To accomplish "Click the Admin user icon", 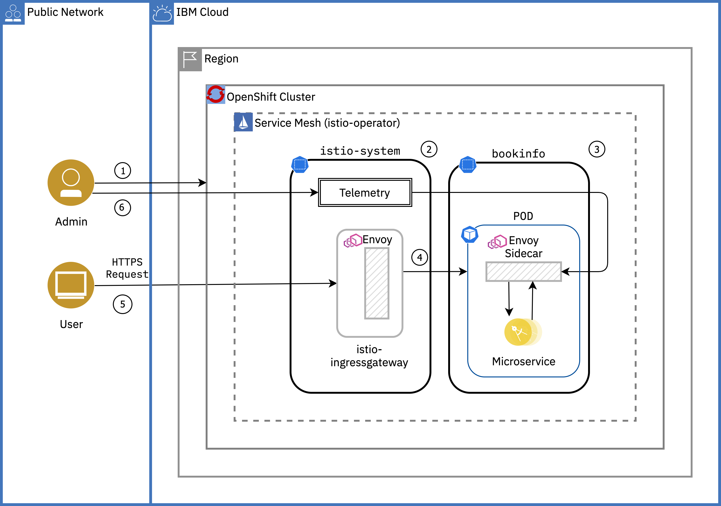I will [71, 183].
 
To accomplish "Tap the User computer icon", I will [71, 285].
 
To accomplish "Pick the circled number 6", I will [122, 208].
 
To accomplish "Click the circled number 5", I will [122, 304].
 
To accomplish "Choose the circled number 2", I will [429, 149].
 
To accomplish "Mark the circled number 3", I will [597, 149].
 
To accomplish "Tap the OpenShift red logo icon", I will [215, 94].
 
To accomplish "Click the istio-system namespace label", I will [360, 151].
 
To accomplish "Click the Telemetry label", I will [365, 193].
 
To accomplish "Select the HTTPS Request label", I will [127, 268].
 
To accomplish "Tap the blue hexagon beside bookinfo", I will [468, 164].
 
